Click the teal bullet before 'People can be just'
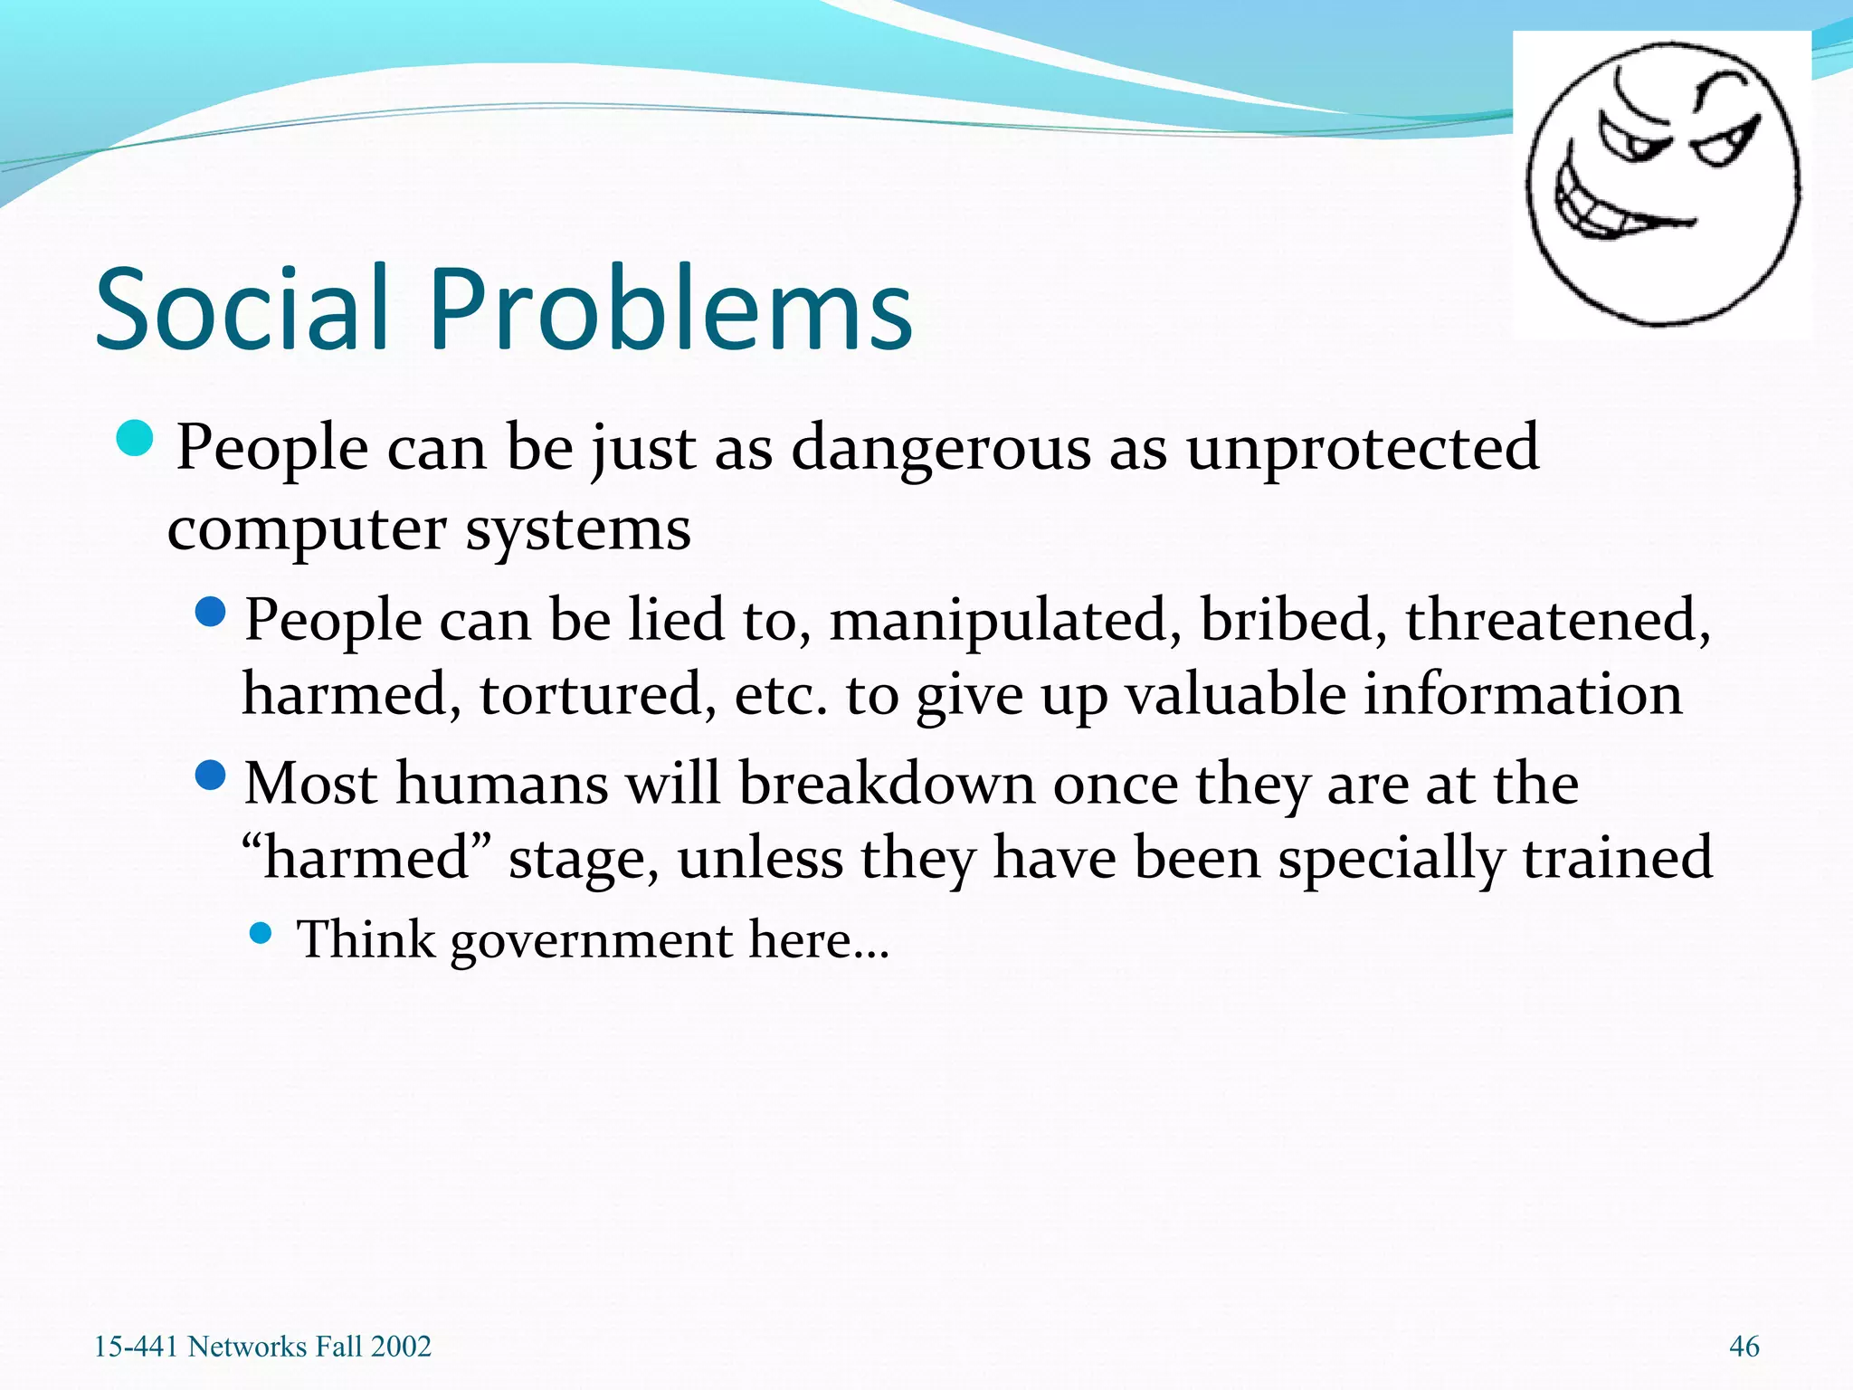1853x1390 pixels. tap(136, 439)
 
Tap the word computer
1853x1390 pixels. tap(307, 530)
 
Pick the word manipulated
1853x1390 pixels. tap(1005, 622)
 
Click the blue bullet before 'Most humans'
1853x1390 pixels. tap(210, 776)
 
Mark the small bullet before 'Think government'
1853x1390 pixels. tap(261, 933)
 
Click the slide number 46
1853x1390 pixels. tap(1744, 1347)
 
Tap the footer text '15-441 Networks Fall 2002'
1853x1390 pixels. tap(262, 1347)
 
